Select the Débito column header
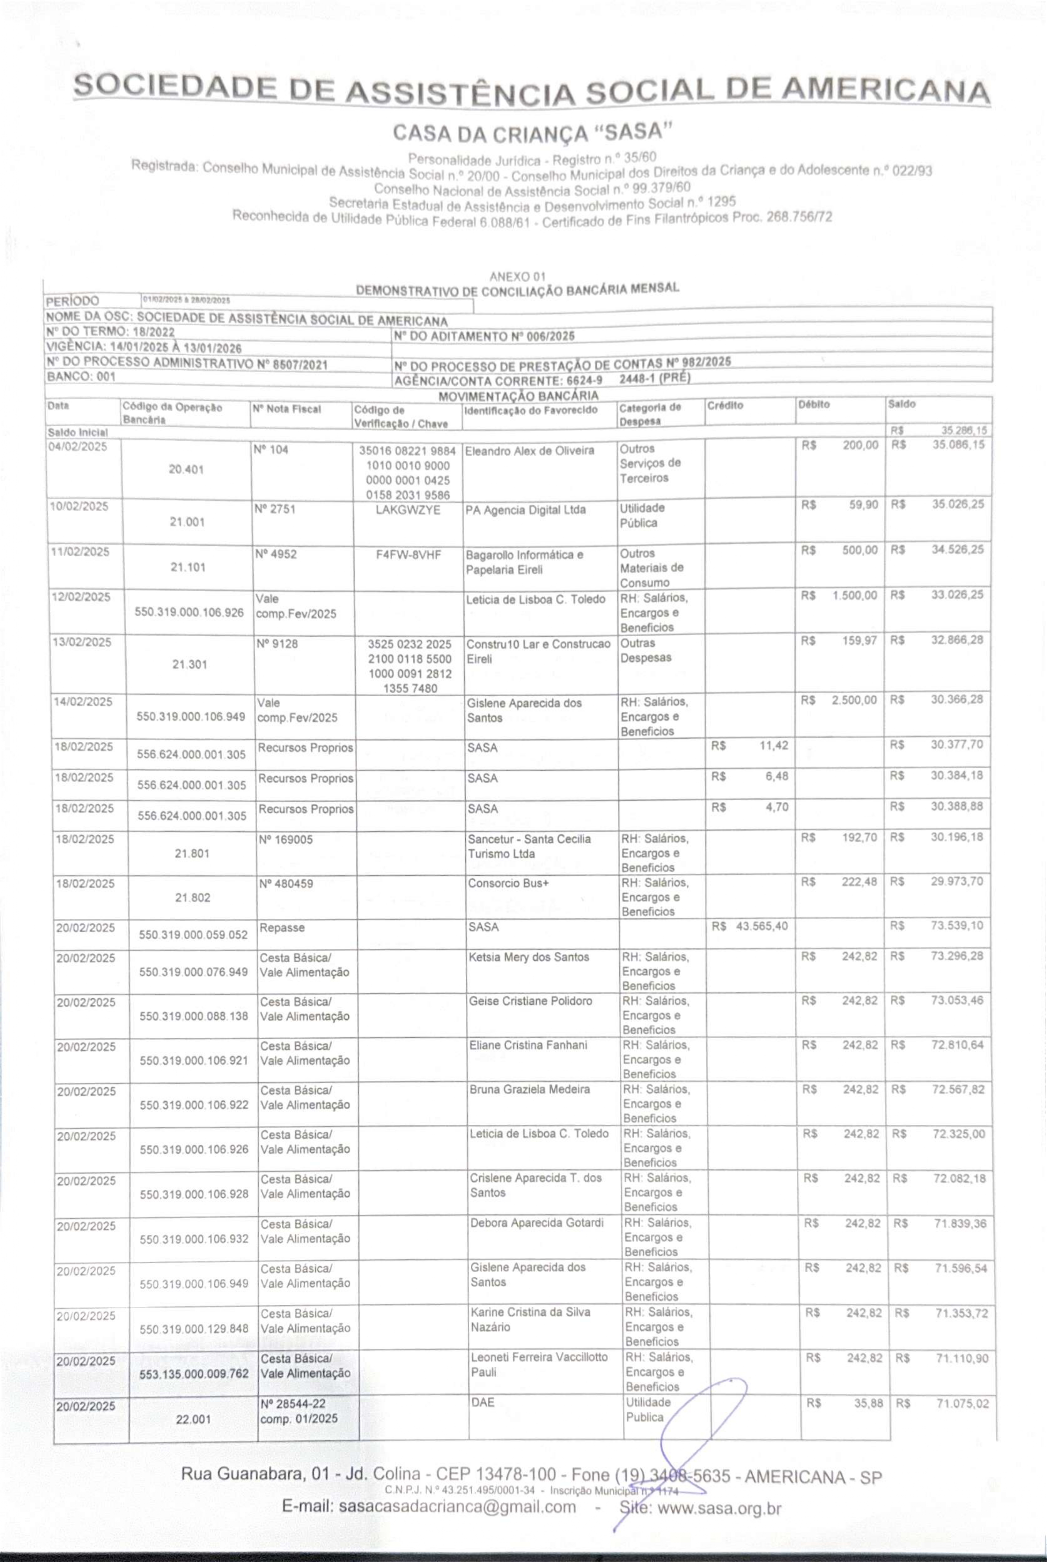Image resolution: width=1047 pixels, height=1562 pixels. pyautogui.click(x=813, y=405)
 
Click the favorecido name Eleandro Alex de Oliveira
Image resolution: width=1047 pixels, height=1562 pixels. pyautogui.click(x=530, y=451)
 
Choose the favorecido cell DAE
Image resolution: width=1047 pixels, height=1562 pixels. pyautogui.click(x=483, y=1402)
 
